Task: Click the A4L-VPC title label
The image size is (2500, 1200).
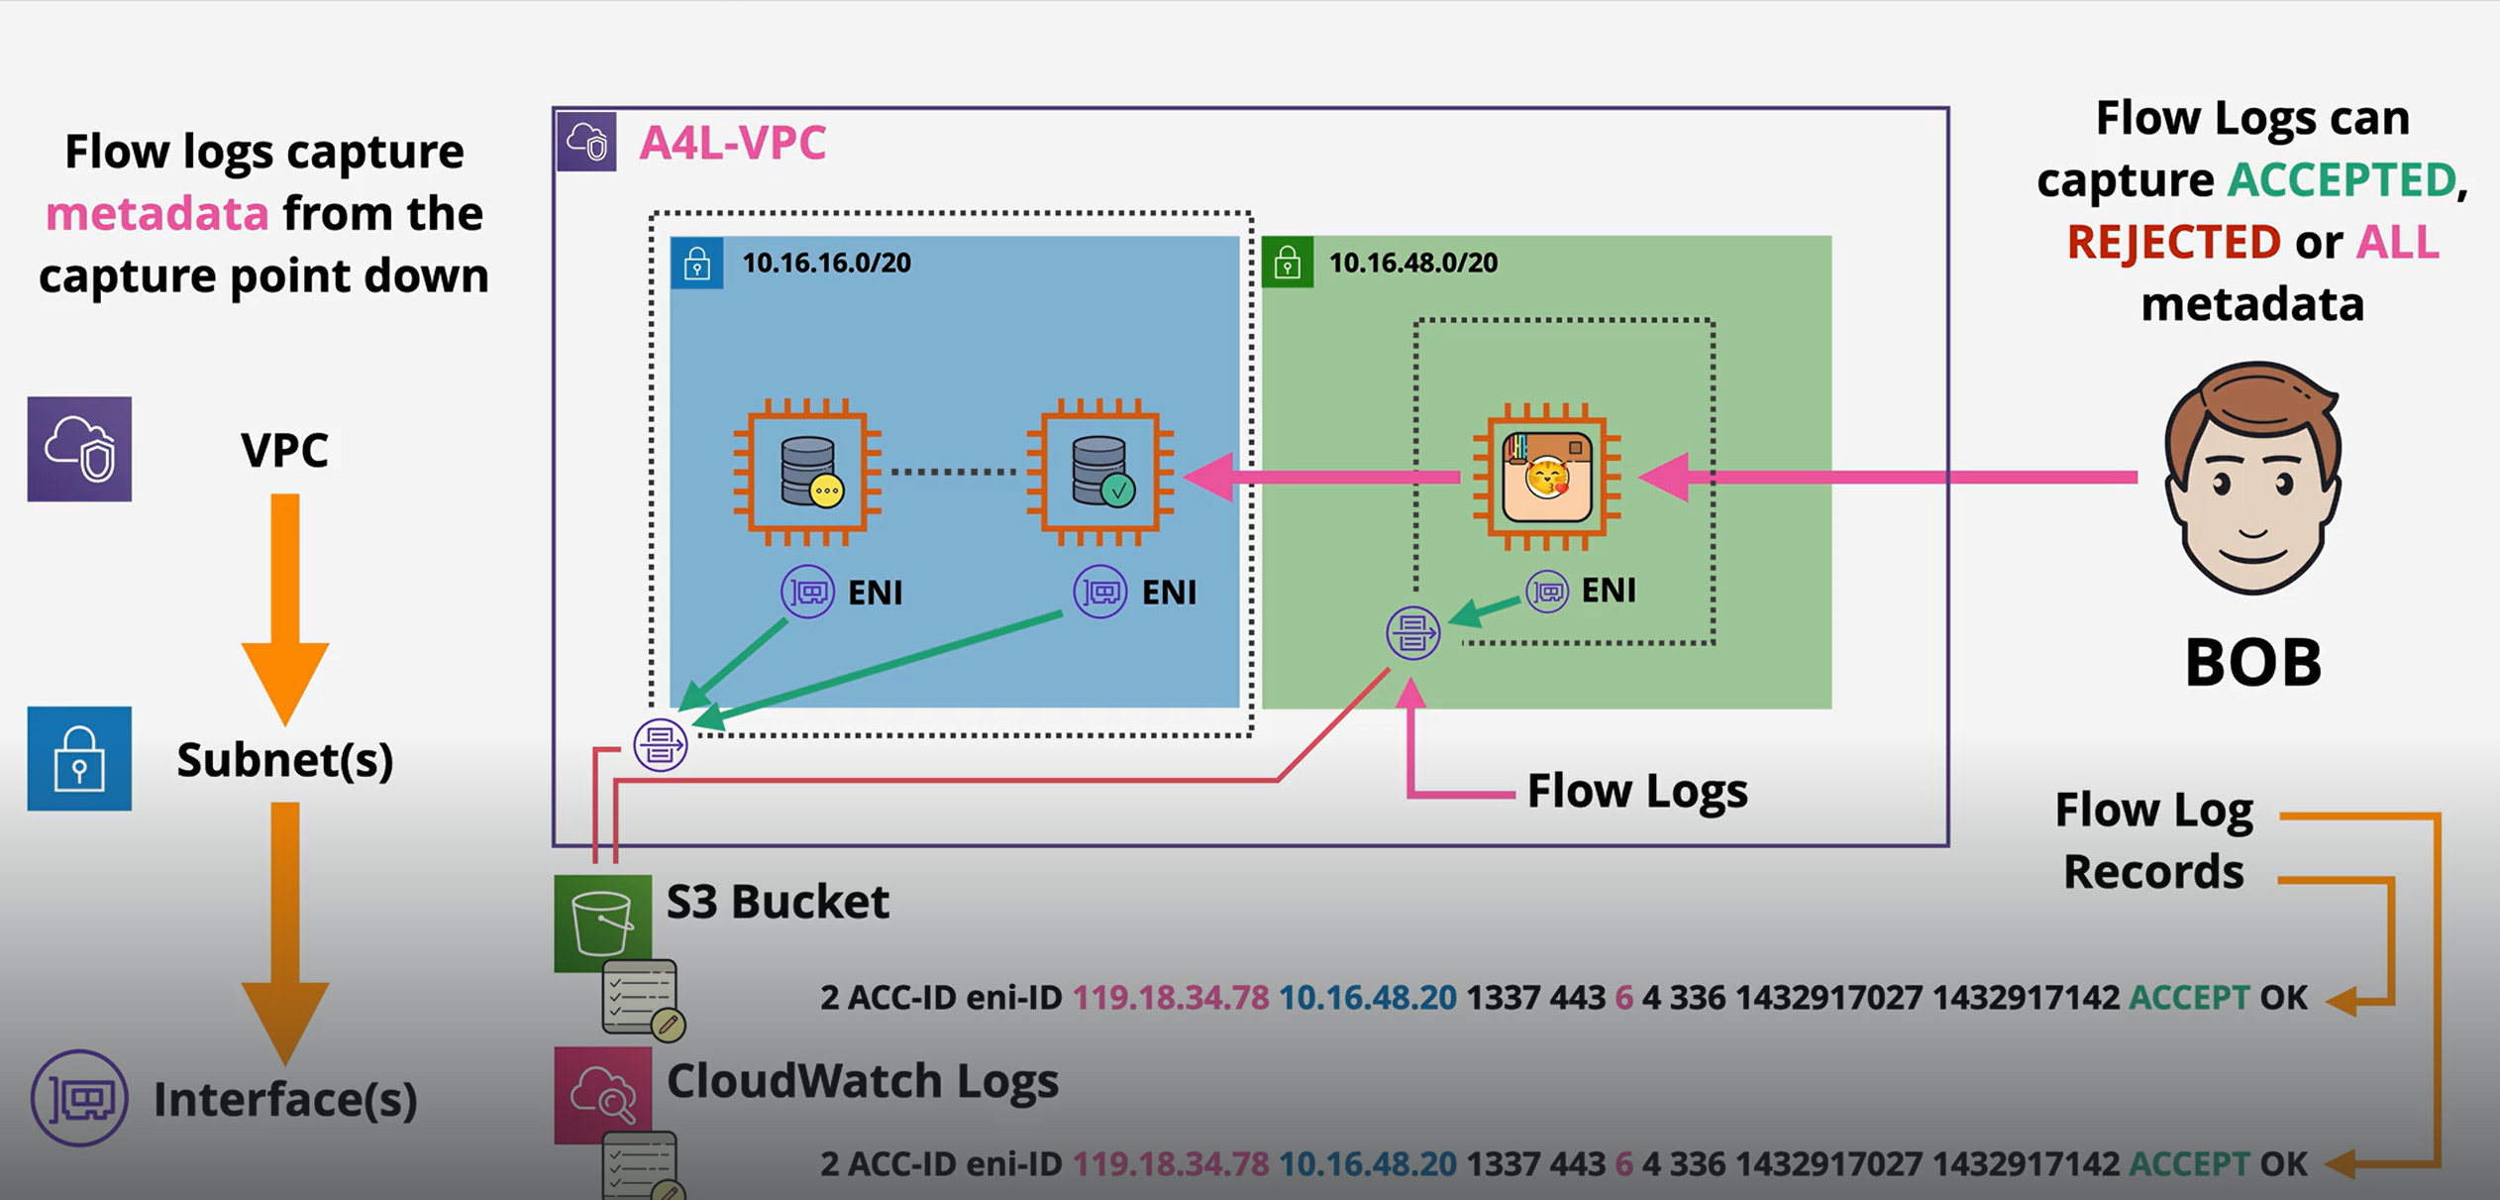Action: pos(732,143)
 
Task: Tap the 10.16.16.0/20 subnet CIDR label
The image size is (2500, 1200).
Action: pos(826,263)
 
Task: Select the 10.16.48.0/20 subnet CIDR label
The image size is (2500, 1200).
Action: pos(1412,263)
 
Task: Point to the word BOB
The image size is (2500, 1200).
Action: pos(2253,662)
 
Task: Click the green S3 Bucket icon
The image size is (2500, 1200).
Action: pos(602,922)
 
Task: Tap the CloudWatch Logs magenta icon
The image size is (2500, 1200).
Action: pos(602,1094)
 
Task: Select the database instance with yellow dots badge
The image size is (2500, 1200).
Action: pos(807,473)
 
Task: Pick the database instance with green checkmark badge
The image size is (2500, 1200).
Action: pos(1100,473)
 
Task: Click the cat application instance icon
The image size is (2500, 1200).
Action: pos(1546,477)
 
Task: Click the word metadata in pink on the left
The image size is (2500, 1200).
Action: pos(157,214)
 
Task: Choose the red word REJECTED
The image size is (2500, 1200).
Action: pos(2173,242)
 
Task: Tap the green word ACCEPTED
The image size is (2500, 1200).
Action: pos(2342,180)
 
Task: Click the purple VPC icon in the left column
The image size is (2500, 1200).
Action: pos(79,449)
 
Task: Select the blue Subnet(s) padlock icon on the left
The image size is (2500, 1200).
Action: pos(79,758)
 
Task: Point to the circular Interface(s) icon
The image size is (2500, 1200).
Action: pos(79,1098)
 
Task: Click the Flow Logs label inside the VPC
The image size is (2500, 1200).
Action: pos(1636,791)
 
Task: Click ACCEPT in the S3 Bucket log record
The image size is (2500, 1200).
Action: pos(2189,997)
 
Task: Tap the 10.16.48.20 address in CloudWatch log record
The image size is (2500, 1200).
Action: pos(1367,1163)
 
